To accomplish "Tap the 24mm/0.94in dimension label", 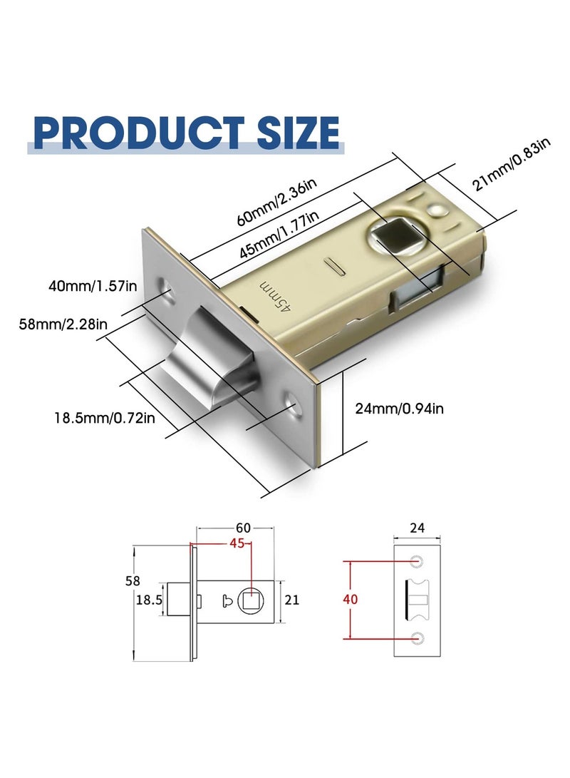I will click(399, 408).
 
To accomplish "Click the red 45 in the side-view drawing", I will click(237, 543).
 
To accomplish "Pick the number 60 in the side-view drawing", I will click(244, 528).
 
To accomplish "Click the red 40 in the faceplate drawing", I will click(350, 599).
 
